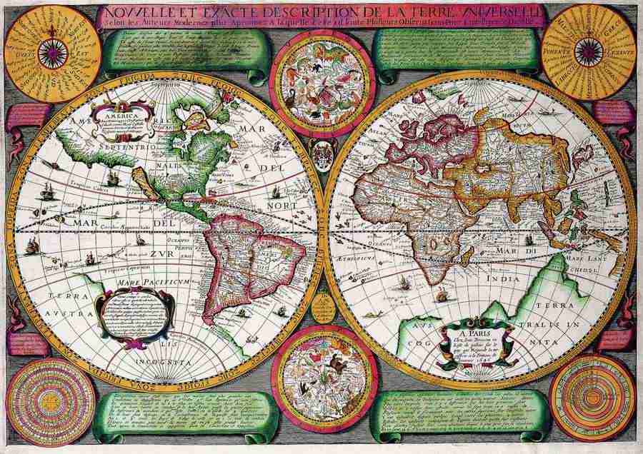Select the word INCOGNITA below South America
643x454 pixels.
coord(159,363)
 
